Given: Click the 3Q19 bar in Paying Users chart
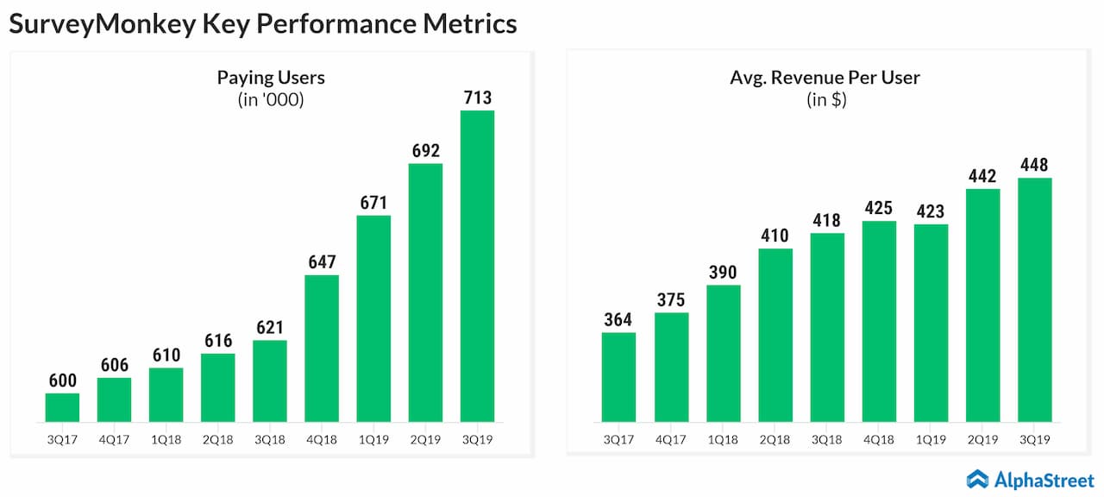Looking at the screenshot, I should pos(477,266).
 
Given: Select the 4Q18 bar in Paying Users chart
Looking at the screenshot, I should pos(321,349).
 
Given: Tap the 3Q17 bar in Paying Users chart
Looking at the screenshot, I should pos(62,407).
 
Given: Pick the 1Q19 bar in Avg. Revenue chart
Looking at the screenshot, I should pos(931,323).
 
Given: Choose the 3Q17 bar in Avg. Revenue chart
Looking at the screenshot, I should pos(618,377).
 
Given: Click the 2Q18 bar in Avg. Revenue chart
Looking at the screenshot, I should pos(775,335).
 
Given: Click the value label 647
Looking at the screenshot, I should pos(321,261).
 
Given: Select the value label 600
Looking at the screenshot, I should pos(62,379).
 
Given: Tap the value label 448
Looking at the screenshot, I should pos(1034,164).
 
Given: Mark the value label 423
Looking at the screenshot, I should pos(931,210).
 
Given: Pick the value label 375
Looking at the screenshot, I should pos(671,299).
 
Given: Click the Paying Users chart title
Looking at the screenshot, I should pos(271,78).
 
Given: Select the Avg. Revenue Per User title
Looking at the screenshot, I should pos(825,78).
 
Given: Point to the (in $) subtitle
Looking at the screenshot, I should pos(825,100).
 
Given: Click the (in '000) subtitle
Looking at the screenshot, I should pos(271,100).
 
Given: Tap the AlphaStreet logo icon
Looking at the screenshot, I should pos(977,478).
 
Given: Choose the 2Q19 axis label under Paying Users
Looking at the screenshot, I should pos(425,439).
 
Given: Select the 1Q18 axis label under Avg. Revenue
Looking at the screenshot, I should pos(723,439).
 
